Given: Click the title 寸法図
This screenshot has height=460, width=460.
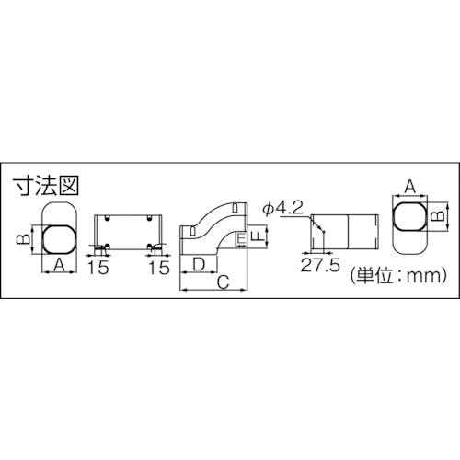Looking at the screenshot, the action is point(46,186).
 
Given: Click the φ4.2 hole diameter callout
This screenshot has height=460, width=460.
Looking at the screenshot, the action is point(282,208).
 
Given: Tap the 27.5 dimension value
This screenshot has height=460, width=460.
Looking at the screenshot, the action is point(320,265).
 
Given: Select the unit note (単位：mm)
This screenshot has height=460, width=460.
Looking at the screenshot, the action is point(398,276).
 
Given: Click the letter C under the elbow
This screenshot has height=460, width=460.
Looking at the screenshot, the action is point(224,282).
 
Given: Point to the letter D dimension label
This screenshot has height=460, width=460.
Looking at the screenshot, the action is point(200,264).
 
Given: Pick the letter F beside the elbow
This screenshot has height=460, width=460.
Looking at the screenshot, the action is point(259,236).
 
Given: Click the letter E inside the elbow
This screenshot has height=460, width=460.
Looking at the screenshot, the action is point(242,238).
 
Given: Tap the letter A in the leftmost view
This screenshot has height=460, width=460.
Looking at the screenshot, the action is point(60,265).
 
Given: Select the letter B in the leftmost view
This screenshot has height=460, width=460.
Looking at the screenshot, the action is point(23,238).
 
